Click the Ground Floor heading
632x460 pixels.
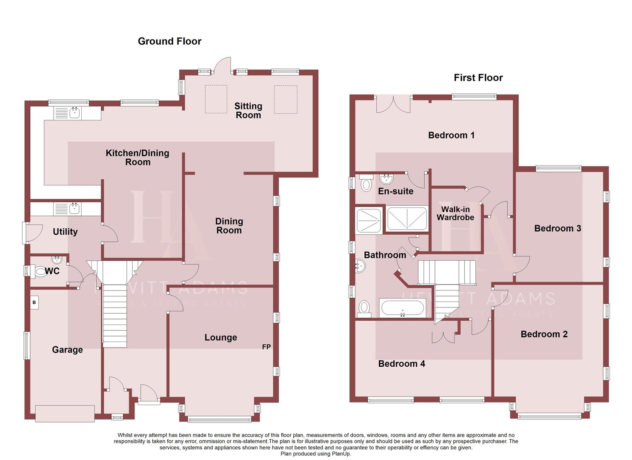169,41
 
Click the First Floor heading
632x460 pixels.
478,78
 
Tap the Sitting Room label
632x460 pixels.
248,110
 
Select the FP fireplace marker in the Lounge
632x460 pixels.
266,347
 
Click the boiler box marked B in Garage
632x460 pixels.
34,303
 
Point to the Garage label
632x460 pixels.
67,350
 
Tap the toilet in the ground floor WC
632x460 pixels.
41,271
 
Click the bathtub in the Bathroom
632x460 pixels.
402,308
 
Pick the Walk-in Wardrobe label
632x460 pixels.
455,213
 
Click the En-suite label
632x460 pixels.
395,191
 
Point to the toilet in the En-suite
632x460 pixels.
366,184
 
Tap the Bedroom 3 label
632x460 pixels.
557,228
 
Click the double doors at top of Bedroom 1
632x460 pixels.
394,104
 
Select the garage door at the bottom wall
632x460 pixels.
65,414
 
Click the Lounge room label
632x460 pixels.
220,337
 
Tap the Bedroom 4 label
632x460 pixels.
401,363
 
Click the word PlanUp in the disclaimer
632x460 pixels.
341,454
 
